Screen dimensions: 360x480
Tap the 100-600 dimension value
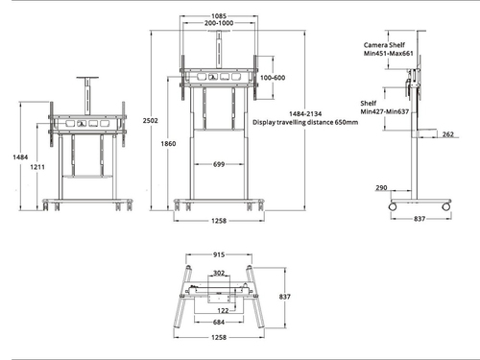point(273,78)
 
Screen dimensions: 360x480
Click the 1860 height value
point(169,143)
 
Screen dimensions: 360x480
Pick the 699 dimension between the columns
point(220,165)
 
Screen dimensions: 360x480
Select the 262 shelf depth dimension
point(448,135)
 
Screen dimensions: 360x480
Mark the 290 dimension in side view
point(381,188)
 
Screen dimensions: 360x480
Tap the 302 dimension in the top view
point(220,274)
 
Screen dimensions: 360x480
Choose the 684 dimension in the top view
point(220,323)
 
